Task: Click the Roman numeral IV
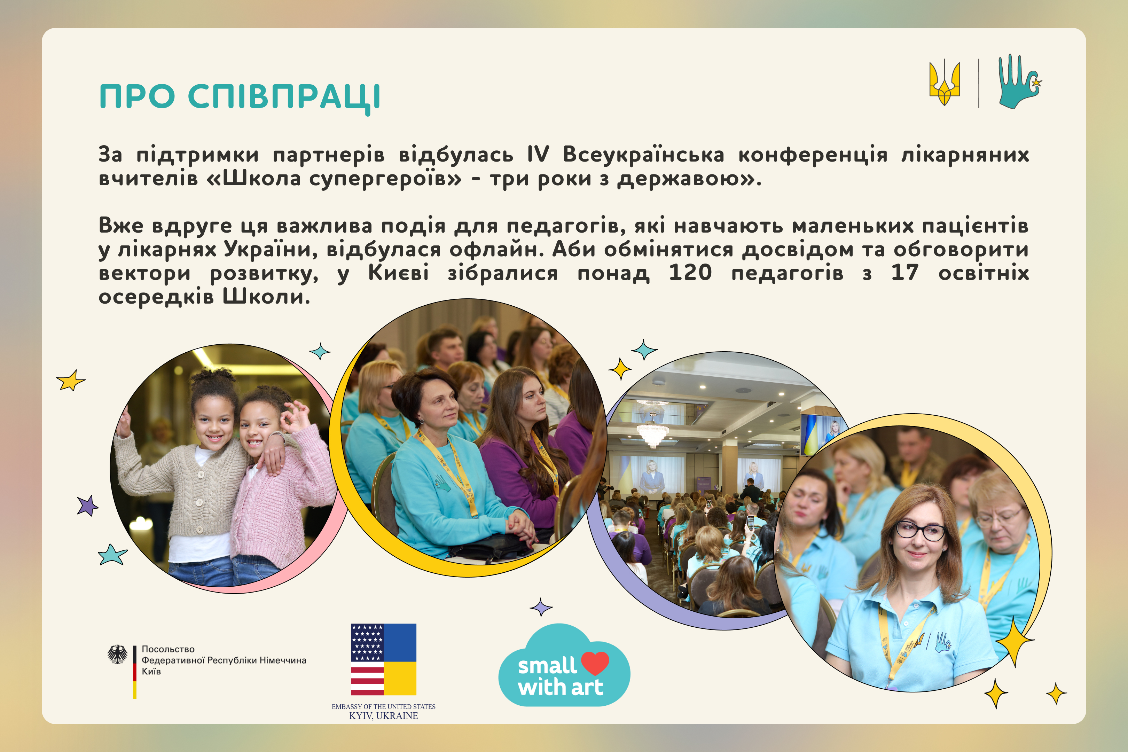click(538, 155)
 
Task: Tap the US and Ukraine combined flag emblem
click(384, 659)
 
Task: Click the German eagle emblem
click(118, 654)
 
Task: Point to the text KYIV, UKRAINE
click(384, 715)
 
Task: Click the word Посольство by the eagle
click(168, 649)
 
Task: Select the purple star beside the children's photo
click(87, 506)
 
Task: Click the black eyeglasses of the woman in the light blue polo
click(921, 531)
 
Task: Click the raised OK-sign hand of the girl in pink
click(295, 417)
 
